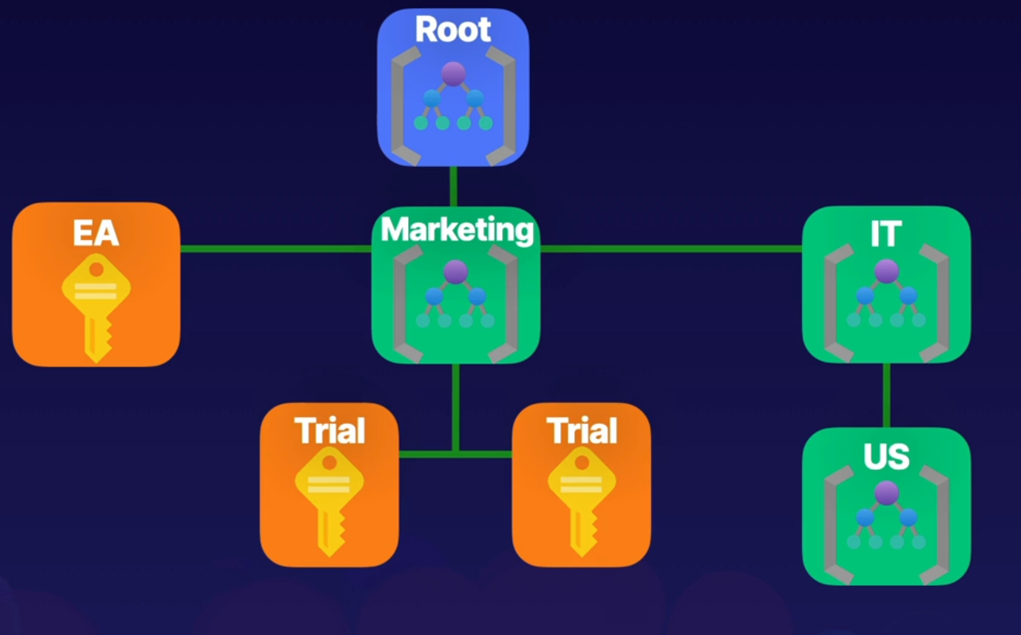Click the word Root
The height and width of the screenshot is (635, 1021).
453,30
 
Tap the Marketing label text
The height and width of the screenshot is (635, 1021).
457,230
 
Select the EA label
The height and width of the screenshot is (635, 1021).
96,234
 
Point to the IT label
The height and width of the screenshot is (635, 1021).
886,234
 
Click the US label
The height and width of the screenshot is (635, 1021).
886,457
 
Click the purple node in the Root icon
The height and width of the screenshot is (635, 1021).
454,74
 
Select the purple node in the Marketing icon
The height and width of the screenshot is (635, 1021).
455,272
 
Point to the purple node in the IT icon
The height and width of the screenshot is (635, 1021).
886,271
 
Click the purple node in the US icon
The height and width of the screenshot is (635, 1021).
886,493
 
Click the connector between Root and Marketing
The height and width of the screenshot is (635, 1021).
454,186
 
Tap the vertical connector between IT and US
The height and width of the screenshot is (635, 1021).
886,395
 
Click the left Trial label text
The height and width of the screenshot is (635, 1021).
330,431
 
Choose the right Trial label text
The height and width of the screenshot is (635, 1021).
582,431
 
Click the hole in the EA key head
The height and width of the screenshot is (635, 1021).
97,270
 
